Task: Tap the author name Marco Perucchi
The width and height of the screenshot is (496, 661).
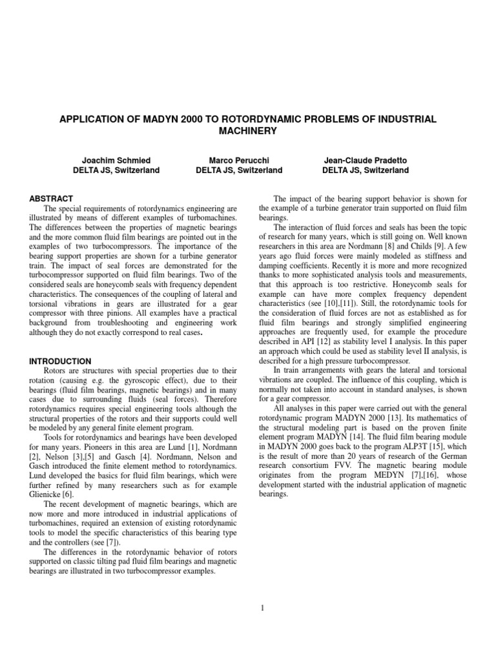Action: pyautogui.click(x=239, y=159)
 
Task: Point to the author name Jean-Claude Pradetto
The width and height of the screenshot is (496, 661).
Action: pyautogui.click(x=365, y=159)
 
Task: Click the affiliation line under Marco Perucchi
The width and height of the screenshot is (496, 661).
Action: pyautogui.click(x=239, y=170)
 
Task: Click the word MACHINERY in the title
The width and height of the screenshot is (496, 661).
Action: pyautogui.click(x=248, y=131)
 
